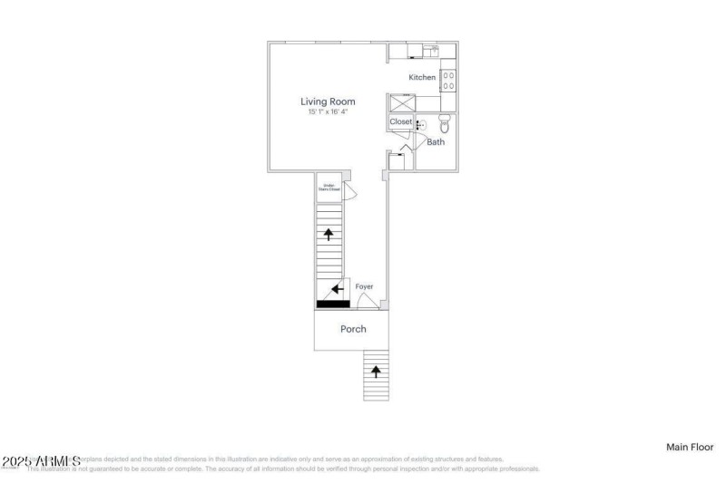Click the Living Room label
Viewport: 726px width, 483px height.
328,101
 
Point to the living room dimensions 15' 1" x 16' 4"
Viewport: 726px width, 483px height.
328,111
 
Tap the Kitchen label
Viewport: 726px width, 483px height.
422,78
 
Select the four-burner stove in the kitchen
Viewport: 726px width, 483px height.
448,80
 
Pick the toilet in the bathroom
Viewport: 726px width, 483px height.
445,124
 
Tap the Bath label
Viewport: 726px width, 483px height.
436,142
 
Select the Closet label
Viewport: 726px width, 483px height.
400,121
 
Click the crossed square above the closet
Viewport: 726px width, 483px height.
401,102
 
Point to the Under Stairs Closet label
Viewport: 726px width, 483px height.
327,188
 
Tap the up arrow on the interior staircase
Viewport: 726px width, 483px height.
328,234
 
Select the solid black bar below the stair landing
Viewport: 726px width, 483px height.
333,304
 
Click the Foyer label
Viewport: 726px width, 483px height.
364,286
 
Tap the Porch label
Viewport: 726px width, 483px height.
353,329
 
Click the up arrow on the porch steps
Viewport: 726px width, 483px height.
376,371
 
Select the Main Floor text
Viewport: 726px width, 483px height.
690,447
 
